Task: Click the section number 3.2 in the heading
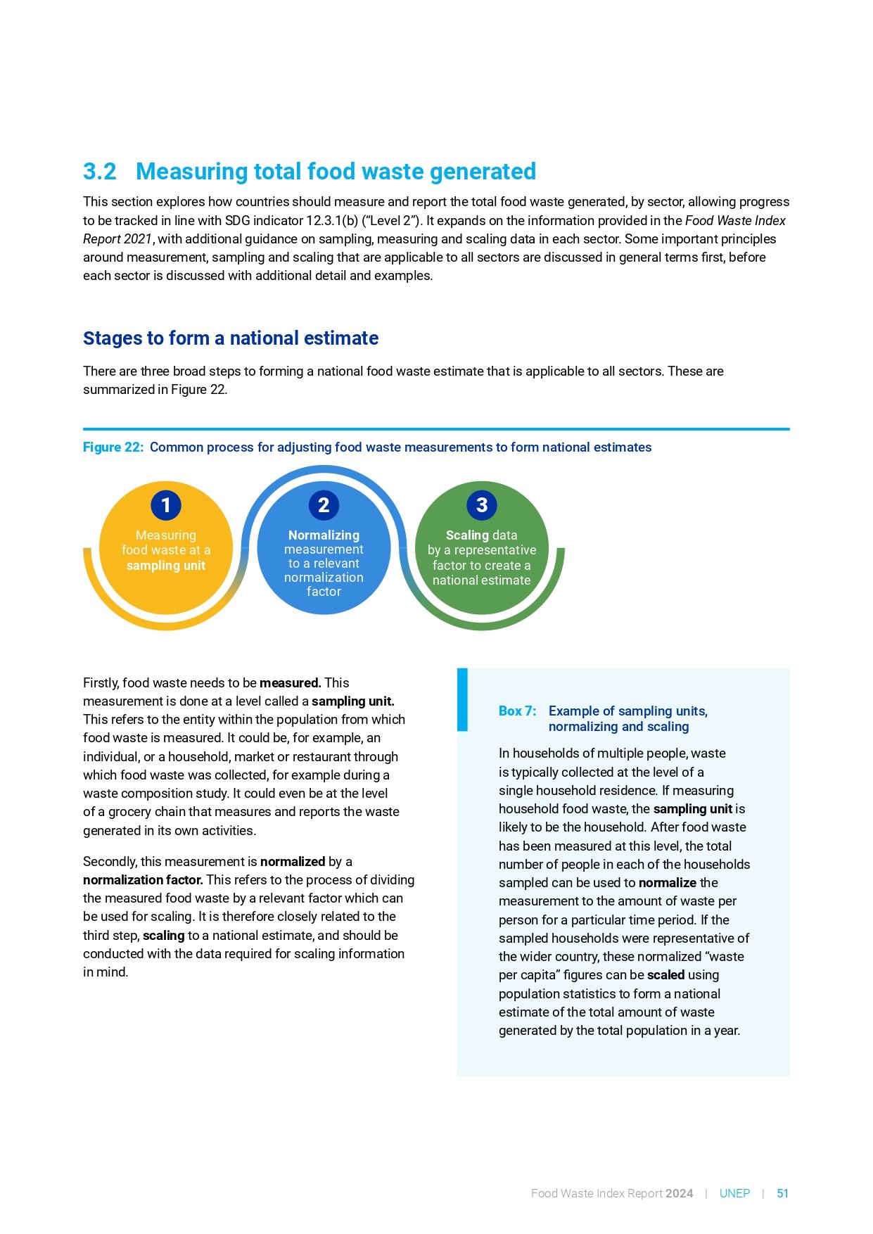point(100,172)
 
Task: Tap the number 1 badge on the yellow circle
point(166,505)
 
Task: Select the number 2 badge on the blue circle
point(324,505)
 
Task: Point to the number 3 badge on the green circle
point(482,505)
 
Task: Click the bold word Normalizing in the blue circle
point(324,535)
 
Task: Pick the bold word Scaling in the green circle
point(467,535)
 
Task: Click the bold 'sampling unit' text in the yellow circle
point(166,566)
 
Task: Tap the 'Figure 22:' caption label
point(113,447)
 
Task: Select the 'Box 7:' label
point(517,711)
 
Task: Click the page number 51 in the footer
point(782,1194)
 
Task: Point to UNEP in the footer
point(734,1194)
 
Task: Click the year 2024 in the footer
point(679,1194)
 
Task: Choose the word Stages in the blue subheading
point(111,338)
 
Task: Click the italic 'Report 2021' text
point(117,239)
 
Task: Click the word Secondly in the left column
point(110,862)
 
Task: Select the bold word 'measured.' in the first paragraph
point(290,683)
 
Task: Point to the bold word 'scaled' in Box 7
point(665,975)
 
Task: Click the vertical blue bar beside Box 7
point(462,699)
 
